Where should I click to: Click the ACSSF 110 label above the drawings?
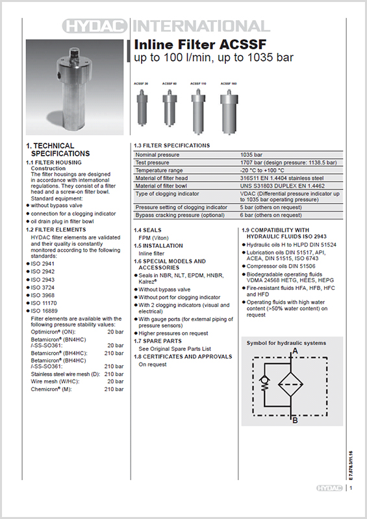[198, 84]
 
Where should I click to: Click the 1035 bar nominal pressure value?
[250, 155]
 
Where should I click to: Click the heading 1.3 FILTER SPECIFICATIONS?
[171, 145]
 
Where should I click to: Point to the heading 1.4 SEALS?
[148, 230]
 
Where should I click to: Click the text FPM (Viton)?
[153, 238]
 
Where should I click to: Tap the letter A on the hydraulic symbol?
[295, 351]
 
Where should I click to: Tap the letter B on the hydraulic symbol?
[295, 420]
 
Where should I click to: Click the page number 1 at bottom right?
[351, 488]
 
